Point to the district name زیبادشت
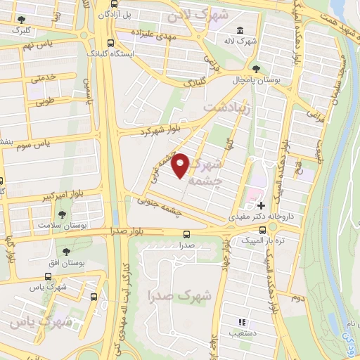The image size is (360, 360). pyautogui.click(x=226, y=107)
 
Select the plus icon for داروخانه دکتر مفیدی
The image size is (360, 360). pyautogui.click(x=261, y=206)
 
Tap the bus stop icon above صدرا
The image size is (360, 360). pyautogui.click(x=186, y=234)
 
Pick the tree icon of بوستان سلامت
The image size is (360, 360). pyautogui.click(x=63, y=214)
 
